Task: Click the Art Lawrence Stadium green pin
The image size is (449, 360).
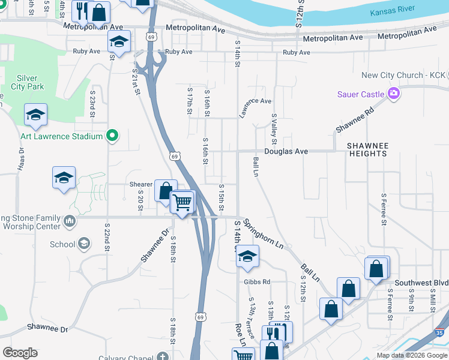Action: tap(112, 136)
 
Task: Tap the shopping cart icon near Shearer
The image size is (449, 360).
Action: tap(182, 202)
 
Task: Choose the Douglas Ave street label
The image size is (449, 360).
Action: tap(286, 152)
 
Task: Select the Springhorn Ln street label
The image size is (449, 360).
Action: tap(264, 232)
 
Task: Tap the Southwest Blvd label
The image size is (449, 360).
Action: tap(421, 283)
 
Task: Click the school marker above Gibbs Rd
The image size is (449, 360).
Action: tap(247, 256)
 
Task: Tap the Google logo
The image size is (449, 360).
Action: tap(20, 353)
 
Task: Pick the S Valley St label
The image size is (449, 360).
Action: tap(274, 129)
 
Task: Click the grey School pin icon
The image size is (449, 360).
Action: tap(84, 244)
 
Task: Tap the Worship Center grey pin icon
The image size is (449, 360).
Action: tap(70, 222)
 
